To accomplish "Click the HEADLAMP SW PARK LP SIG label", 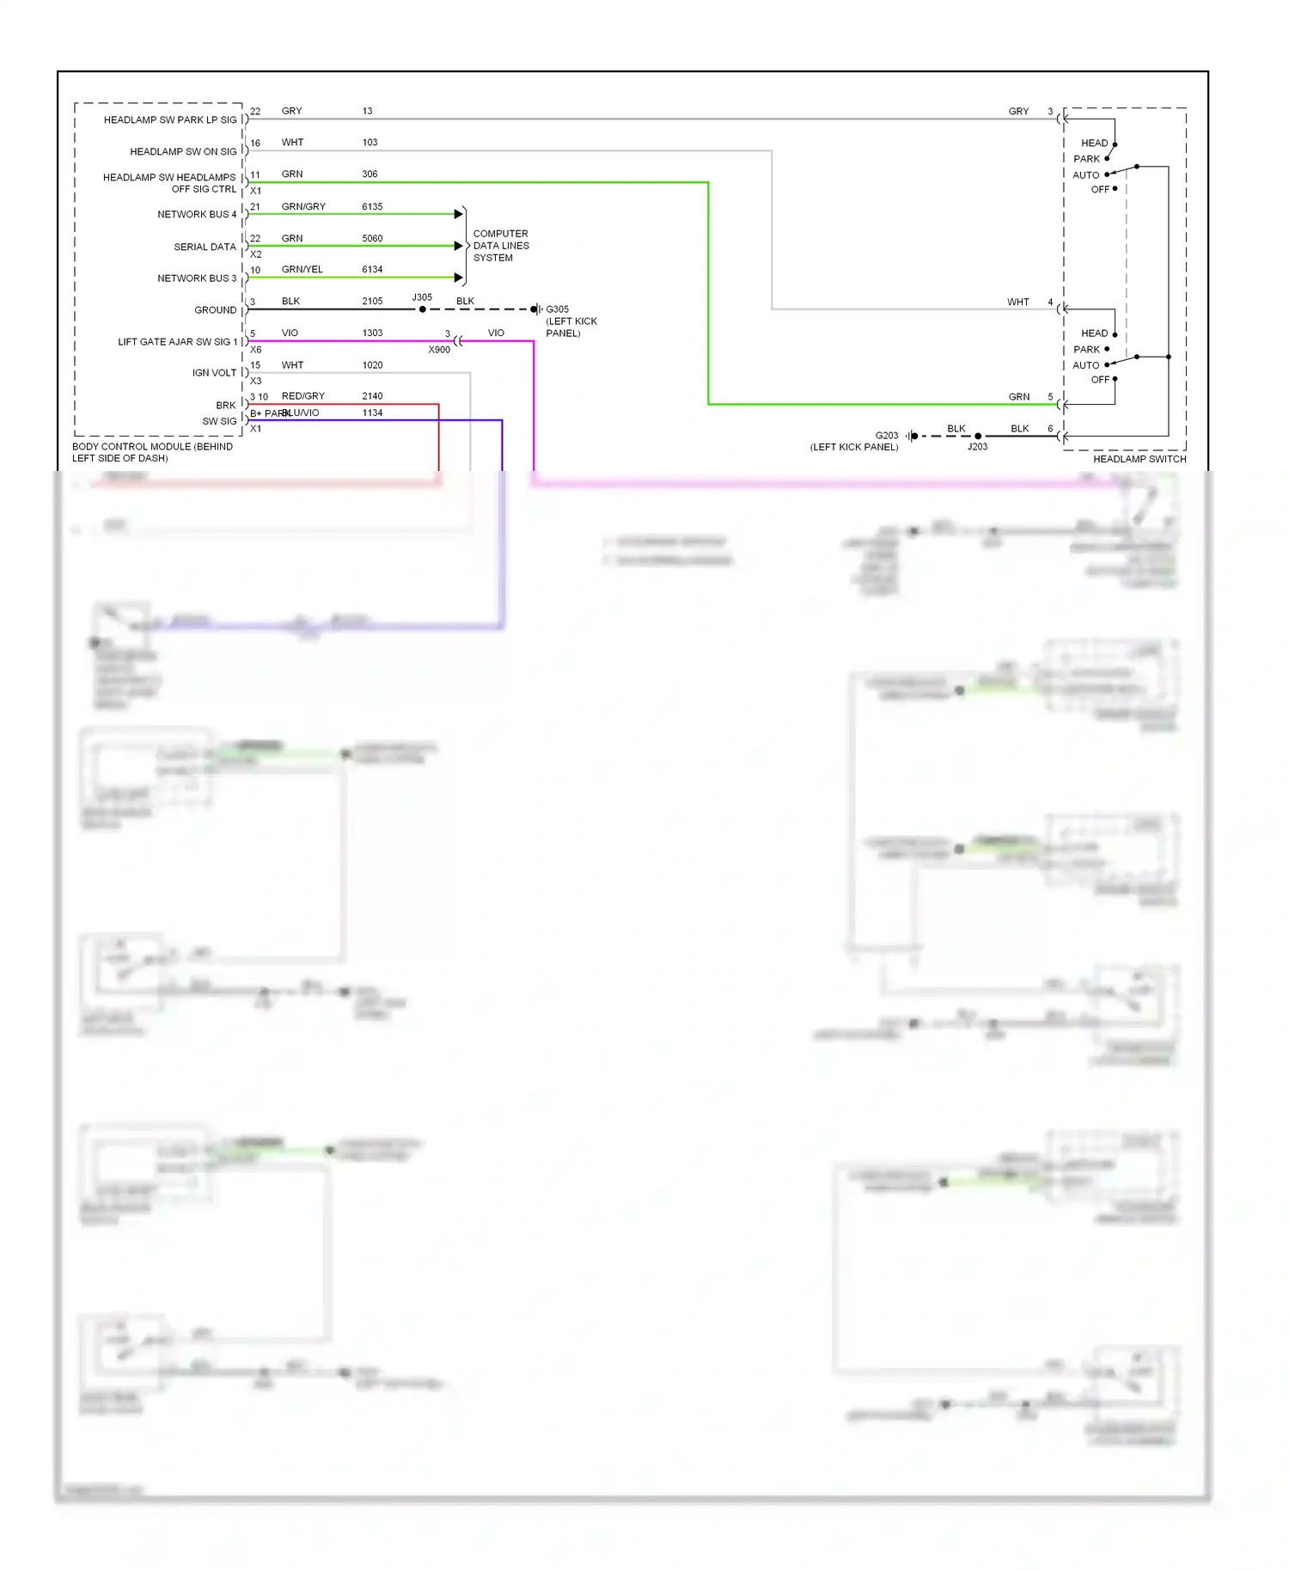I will point(169,120).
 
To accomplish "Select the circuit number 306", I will point(370,174).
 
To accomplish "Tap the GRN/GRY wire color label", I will point(303,207).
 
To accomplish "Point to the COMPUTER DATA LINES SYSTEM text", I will point(500,246).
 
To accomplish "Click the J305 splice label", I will point(422,297).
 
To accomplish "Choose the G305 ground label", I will point(557,309).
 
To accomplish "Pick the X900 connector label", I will point(439,350).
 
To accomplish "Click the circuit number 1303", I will point(372,333).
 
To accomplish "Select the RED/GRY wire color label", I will point(302,396).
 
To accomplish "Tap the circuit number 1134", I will point(372,413).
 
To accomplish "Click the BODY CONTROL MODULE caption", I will point(152,452).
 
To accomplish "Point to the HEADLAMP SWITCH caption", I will point(1139,459).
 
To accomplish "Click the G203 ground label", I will point(886,436).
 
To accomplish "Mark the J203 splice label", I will point(977,447).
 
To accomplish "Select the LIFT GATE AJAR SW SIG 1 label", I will point(177,342).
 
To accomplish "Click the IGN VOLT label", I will point(214,373).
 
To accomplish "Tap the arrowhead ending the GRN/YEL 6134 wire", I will point(458,278).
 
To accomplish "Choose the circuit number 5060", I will point(372,239).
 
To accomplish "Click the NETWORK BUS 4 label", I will point(196,215).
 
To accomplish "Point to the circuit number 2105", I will point(372,302).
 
